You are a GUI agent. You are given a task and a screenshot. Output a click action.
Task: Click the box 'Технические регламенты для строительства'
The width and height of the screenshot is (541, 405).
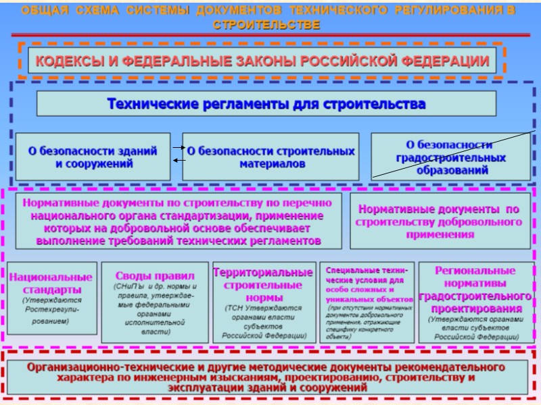tap(266, 104)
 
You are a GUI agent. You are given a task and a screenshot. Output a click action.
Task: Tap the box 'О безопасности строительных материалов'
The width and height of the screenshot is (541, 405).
tap(271, 157)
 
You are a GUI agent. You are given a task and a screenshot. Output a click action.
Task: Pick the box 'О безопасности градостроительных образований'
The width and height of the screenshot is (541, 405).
tap(450, 157)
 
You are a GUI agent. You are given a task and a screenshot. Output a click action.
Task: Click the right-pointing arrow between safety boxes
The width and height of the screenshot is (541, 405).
tap(179, 146)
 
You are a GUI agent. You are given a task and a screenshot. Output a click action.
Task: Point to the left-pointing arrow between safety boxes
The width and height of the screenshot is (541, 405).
tap(179, 160)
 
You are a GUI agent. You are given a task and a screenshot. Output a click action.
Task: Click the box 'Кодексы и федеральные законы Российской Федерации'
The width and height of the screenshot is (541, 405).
tap(262, 61)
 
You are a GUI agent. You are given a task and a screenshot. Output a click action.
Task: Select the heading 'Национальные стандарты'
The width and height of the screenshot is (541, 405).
tap(51, 283)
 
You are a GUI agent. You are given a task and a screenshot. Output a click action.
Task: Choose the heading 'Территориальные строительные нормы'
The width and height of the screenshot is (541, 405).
tap(263, 284)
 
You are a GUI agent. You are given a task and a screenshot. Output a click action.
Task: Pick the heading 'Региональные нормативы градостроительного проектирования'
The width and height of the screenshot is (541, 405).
tap(476, 289)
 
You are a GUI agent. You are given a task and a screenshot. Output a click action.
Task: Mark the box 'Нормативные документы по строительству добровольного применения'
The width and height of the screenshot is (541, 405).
tap(440, 221)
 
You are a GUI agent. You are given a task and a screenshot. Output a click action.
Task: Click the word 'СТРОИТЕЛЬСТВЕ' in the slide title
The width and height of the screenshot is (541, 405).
tap(266, 25)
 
